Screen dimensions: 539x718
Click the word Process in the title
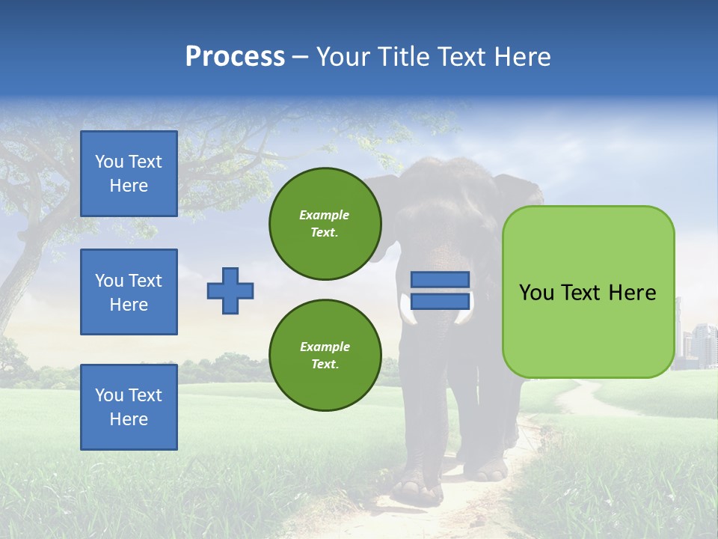point(235,57)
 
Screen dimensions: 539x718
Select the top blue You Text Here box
point(129,174)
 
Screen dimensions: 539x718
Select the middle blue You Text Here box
point(129,292)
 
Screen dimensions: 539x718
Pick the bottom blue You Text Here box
point(129,406)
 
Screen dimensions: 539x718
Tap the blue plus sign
point(230,290)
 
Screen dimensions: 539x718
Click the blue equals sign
point(440,290)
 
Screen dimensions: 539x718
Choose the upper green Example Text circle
point(325,224)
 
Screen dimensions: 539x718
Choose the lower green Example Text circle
point(325,355)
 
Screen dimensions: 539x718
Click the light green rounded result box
point(588,292)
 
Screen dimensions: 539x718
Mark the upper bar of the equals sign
point(440,279)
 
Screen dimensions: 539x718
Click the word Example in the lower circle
point(325,347)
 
